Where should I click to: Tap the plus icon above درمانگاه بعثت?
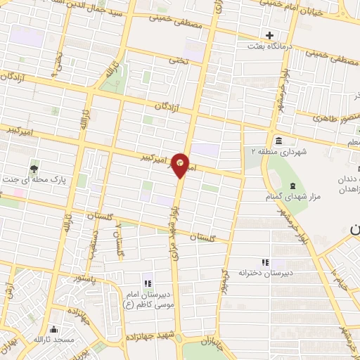tap(269, 35)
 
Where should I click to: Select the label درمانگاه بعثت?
tap(268, 46)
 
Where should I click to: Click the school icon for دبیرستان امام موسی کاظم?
tap(148, 283)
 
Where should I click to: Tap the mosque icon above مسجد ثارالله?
tap(55, 328)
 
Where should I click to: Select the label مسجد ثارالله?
tap(53, 340)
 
